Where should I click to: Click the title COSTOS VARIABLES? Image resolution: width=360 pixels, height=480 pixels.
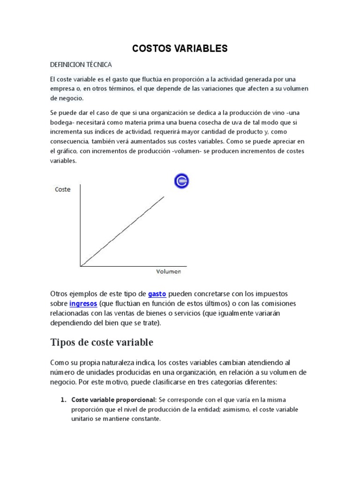click(x=180, y=48)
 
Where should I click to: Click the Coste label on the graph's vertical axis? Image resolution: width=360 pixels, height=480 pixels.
click(x=63, y=189)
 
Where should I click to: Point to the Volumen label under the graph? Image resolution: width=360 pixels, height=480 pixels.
click(x=168, y=271)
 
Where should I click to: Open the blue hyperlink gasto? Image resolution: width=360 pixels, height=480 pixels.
click(x=157, y=294)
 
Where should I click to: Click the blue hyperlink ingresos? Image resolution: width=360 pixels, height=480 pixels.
click(x=83, y=304)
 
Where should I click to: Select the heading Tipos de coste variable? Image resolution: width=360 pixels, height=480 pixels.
click(x=102, y=343)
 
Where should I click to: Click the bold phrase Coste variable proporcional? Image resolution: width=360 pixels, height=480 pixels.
click(x=114, y=400)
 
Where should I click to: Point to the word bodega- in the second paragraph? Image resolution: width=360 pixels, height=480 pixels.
click(x=63, y=122)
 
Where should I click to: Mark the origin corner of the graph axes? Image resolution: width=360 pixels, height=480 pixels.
click(x=81, y=266)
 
